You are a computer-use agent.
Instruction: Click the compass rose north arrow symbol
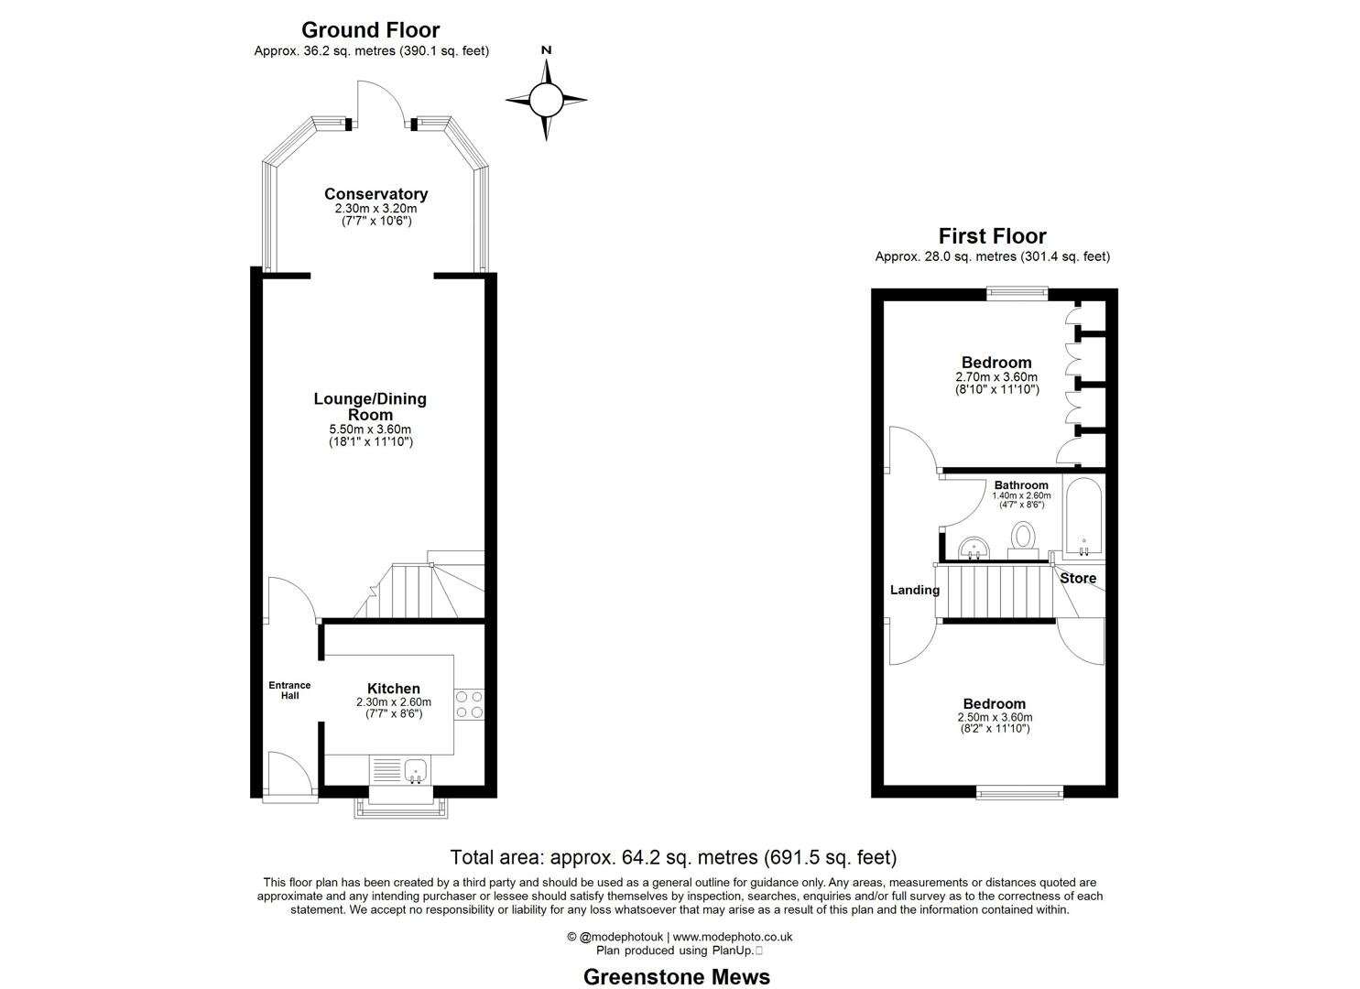(546, 99)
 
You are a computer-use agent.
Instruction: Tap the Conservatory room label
(375, 194)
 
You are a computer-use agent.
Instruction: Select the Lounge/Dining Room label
(370, 407)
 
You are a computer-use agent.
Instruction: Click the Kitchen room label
(394, 689)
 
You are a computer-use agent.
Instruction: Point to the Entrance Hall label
(289, 690)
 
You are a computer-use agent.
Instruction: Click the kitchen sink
(417, 771)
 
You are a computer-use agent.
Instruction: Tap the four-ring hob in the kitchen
(470, 703)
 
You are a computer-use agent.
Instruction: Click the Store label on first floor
(1078, 578)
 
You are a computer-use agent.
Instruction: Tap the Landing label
(915, 590)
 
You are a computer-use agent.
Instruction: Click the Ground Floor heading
(371, 30)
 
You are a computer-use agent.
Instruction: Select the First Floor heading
(992, 236)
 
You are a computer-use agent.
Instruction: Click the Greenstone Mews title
(677, 976)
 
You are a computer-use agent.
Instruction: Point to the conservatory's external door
(380, 103)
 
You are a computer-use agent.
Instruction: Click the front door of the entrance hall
(288, 774)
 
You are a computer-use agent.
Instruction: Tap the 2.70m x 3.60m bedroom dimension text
(996, 376)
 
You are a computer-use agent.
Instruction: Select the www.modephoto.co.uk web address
(733, 937)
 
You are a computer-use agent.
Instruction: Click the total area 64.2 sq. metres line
(673, 857)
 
